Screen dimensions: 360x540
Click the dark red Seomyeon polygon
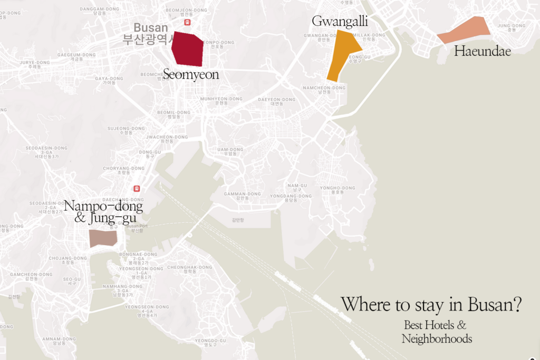[x=188, y=49]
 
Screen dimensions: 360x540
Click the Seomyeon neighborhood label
[x=191, y=75]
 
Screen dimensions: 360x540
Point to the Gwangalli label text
[x=340, y=21]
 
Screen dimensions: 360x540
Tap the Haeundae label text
[x=483, y=51]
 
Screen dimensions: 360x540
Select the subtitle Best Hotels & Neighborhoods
[x=436, y=332]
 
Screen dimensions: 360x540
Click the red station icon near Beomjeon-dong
[x=187, y=23]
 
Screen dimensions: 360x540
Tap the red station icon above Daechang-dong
[x=137, y=188]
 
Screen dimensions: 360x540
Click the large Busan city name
[x=151, y=28]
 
